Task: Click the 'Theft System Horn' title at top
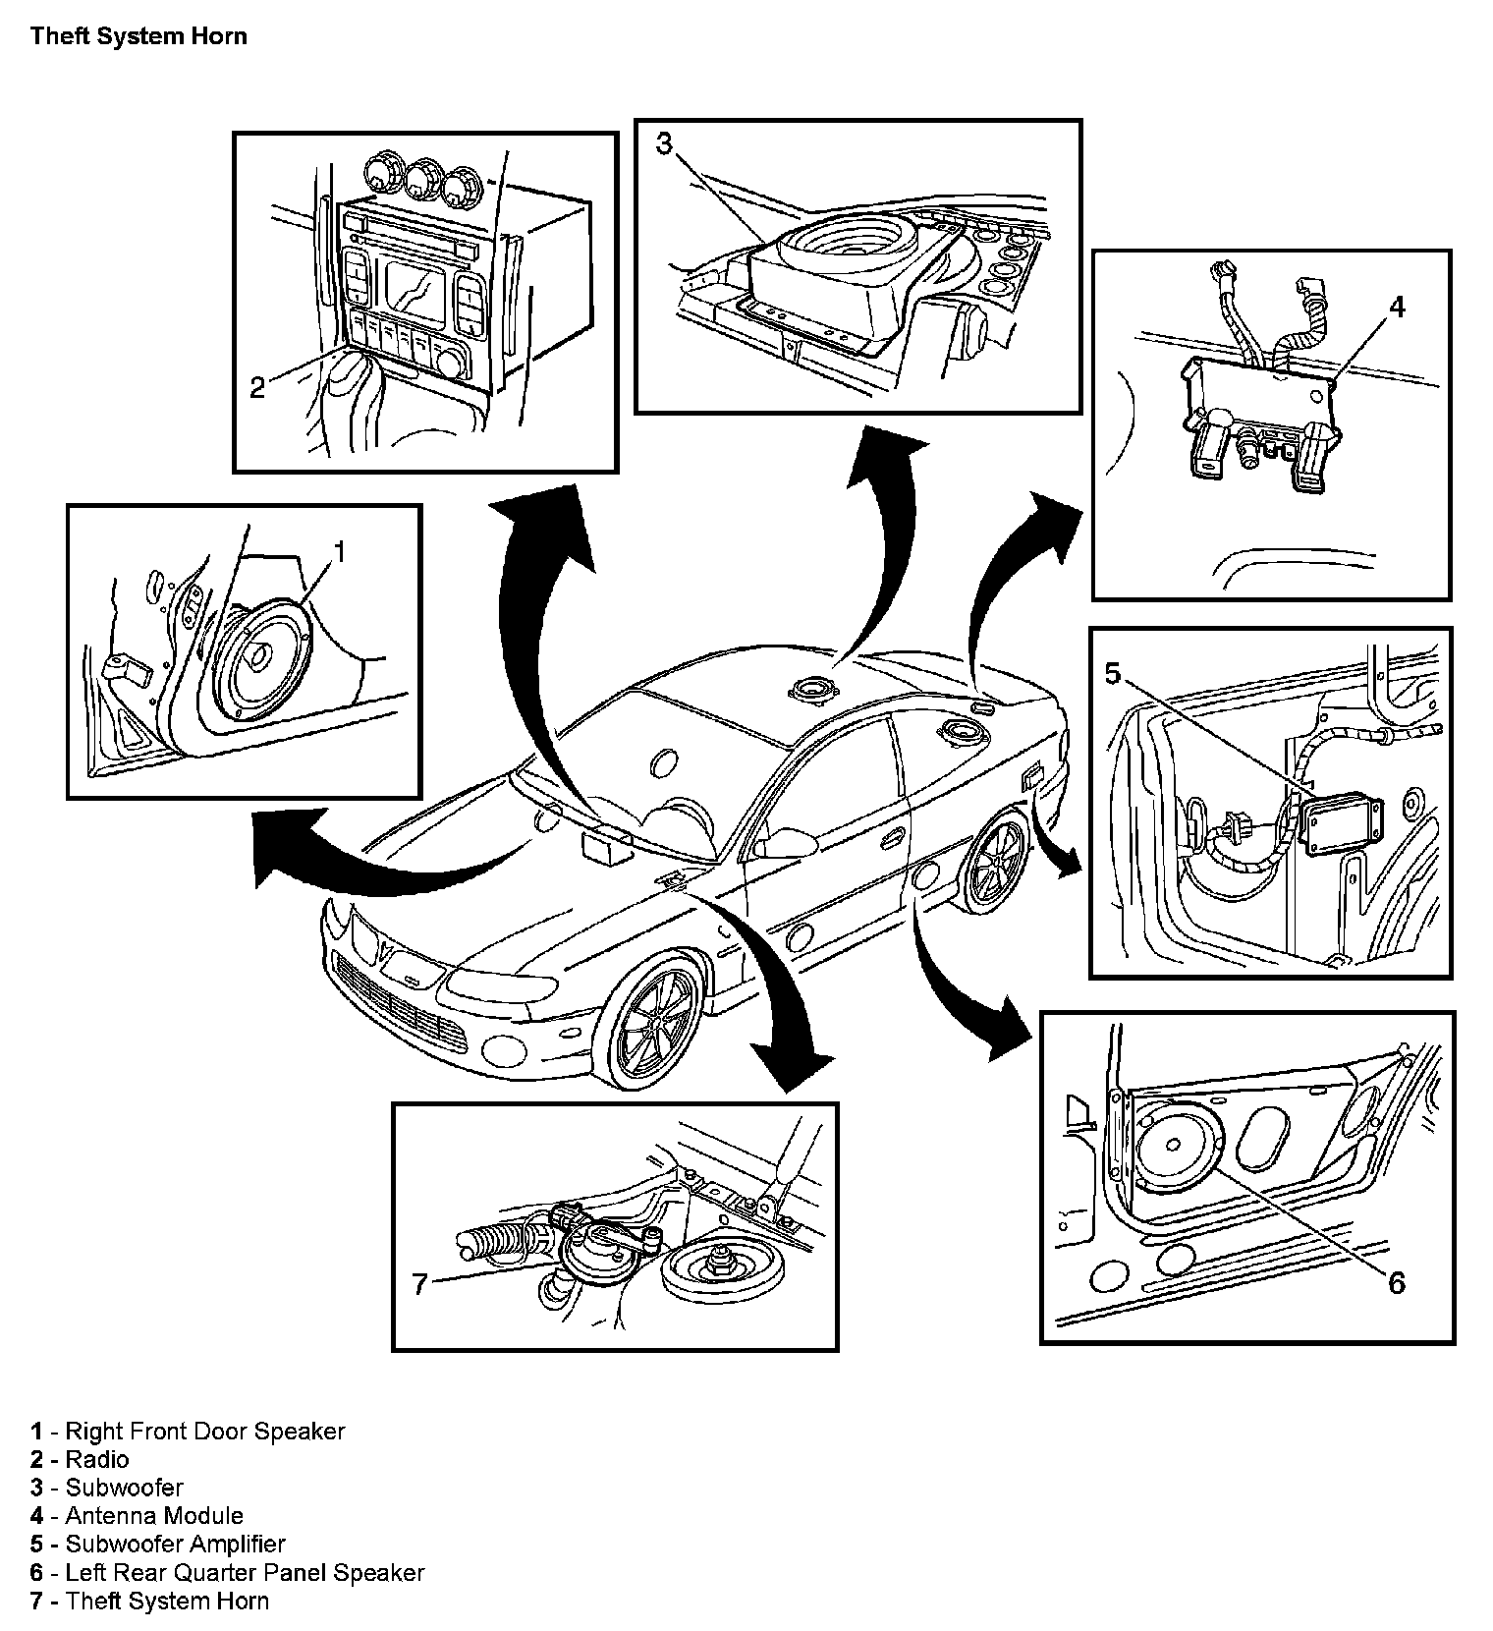click(x=138, y=37)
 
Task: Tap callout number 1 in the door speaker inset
click(x=340, y=552)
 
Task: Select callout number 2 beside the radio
click(x=257, y=388)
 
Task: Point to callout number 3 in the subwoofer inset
click(x=664, y=145)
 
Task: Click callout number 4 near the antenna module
click(x=1396, y=308)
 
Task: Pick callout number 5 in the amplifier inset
click(x=1112, y=673)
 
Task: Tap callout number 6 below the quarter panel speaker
click(x=1396, y=1282)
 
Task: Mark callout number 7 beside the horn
click(x=420, y=1284)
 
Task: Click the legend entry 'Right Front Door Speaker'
click(x=204, y=1432)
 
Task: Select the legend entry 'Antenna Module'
click(x=153, y=1516)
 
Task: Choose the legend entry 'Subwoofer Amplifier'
click(x=175, y=1545)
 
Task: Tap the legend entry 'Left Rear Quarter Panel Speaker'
click(x=245, y=1573)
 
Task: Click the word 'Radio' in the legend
click(x=96, y=1459)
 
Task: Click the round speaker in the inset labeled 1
click(x=260, y=658)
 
